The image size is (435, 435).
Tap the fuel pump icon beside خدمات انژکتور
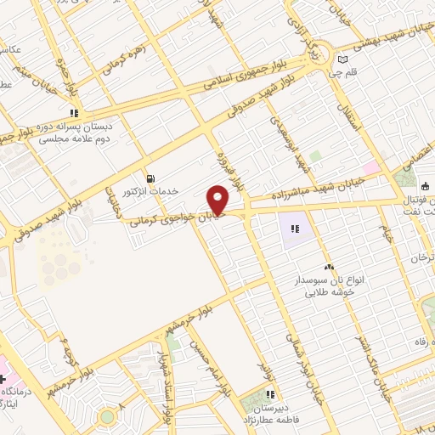[151, 178]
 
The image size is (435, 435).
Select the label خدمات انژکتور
[151, 191]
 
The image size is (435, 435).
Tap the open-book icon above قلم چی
[342, 60]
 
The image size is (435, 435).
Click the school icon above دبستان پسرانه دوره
[75, 112]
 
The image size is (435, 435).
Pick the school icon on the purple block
[295, 229]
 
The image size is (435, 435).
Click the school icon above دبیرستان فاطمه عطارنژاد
[270, 394]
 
